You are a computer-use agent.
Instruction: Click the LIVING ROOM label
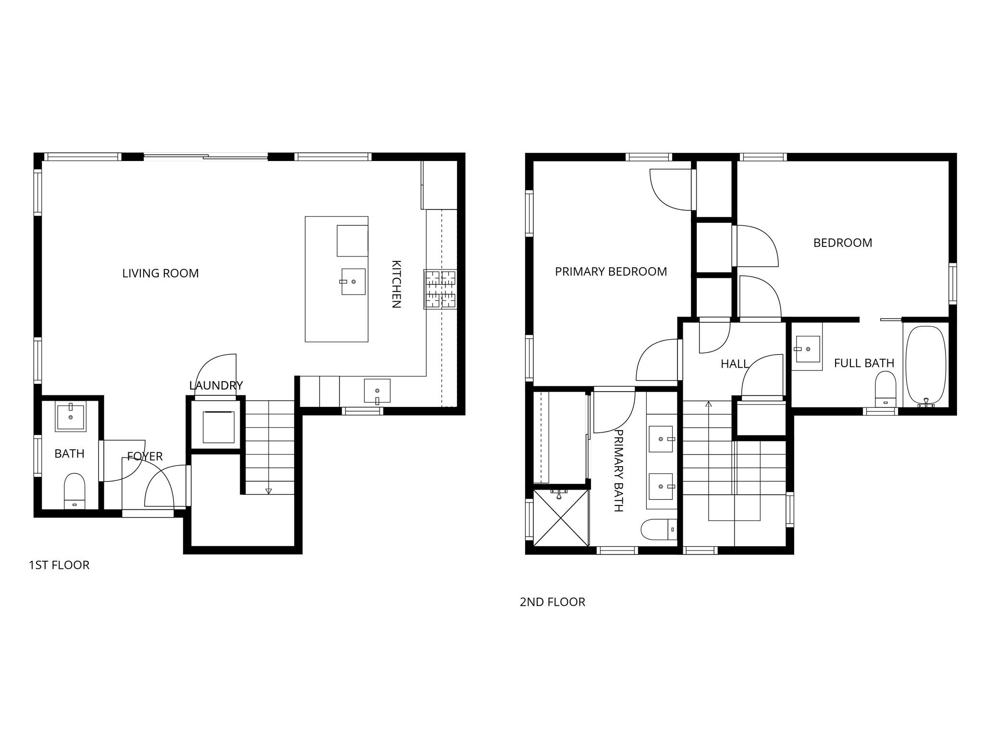tap(160, 273)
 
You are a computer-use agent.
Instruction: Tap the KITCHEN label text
tap(396, 284)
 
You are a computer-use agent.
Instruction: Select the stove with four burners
tap(440, 289)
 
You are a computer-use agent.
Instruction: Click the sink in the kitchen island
tap(353, 282)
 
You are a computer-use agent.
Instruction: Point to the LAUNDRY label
tap(216, 385)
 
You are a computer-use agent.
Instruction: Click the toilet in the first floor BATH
tap(74, 490)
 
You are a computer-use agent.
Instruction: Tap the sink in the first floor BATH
tap(71, 418)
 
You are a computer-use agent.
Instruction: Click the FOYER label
tap(145, 456)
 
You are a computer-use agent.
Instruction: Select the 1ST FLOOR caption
tap(59, 565)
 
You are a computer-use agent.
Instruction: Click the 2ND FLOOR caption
tap(552, 602)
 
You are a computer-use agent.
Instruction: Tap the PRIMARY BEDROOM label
tap(611, 272)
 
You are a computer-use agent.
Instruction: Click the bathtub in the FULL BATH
tap(925, 365)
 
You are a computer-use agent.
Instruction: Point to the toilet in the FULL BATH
tap(886, 389)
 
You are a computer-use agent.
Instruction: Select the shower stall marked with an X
tap(561, 518)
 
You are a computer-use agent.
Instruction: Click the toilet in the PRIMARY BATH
tap(658, 529)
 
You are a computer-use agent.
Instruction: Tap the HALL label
tap(735, 364)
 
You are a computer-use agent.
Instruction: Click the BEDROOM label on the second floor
tap(842, 243)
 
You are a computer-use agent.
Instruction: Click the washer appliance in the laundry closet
tap(218, 427)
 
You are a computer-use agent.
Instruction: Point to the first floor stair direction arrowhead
tap(269, 491)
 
